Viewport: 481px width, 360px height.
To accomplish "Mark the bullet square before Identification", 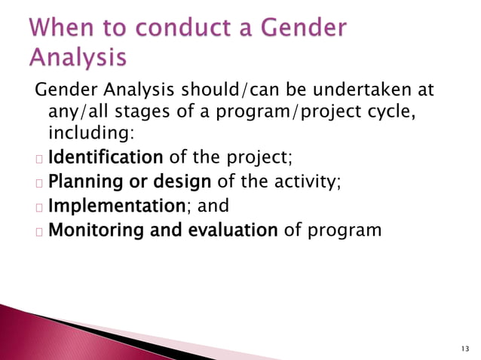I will tap(37, 160).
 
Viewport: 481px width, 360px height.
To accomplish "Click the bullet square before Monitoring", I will tap(37, 230).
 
